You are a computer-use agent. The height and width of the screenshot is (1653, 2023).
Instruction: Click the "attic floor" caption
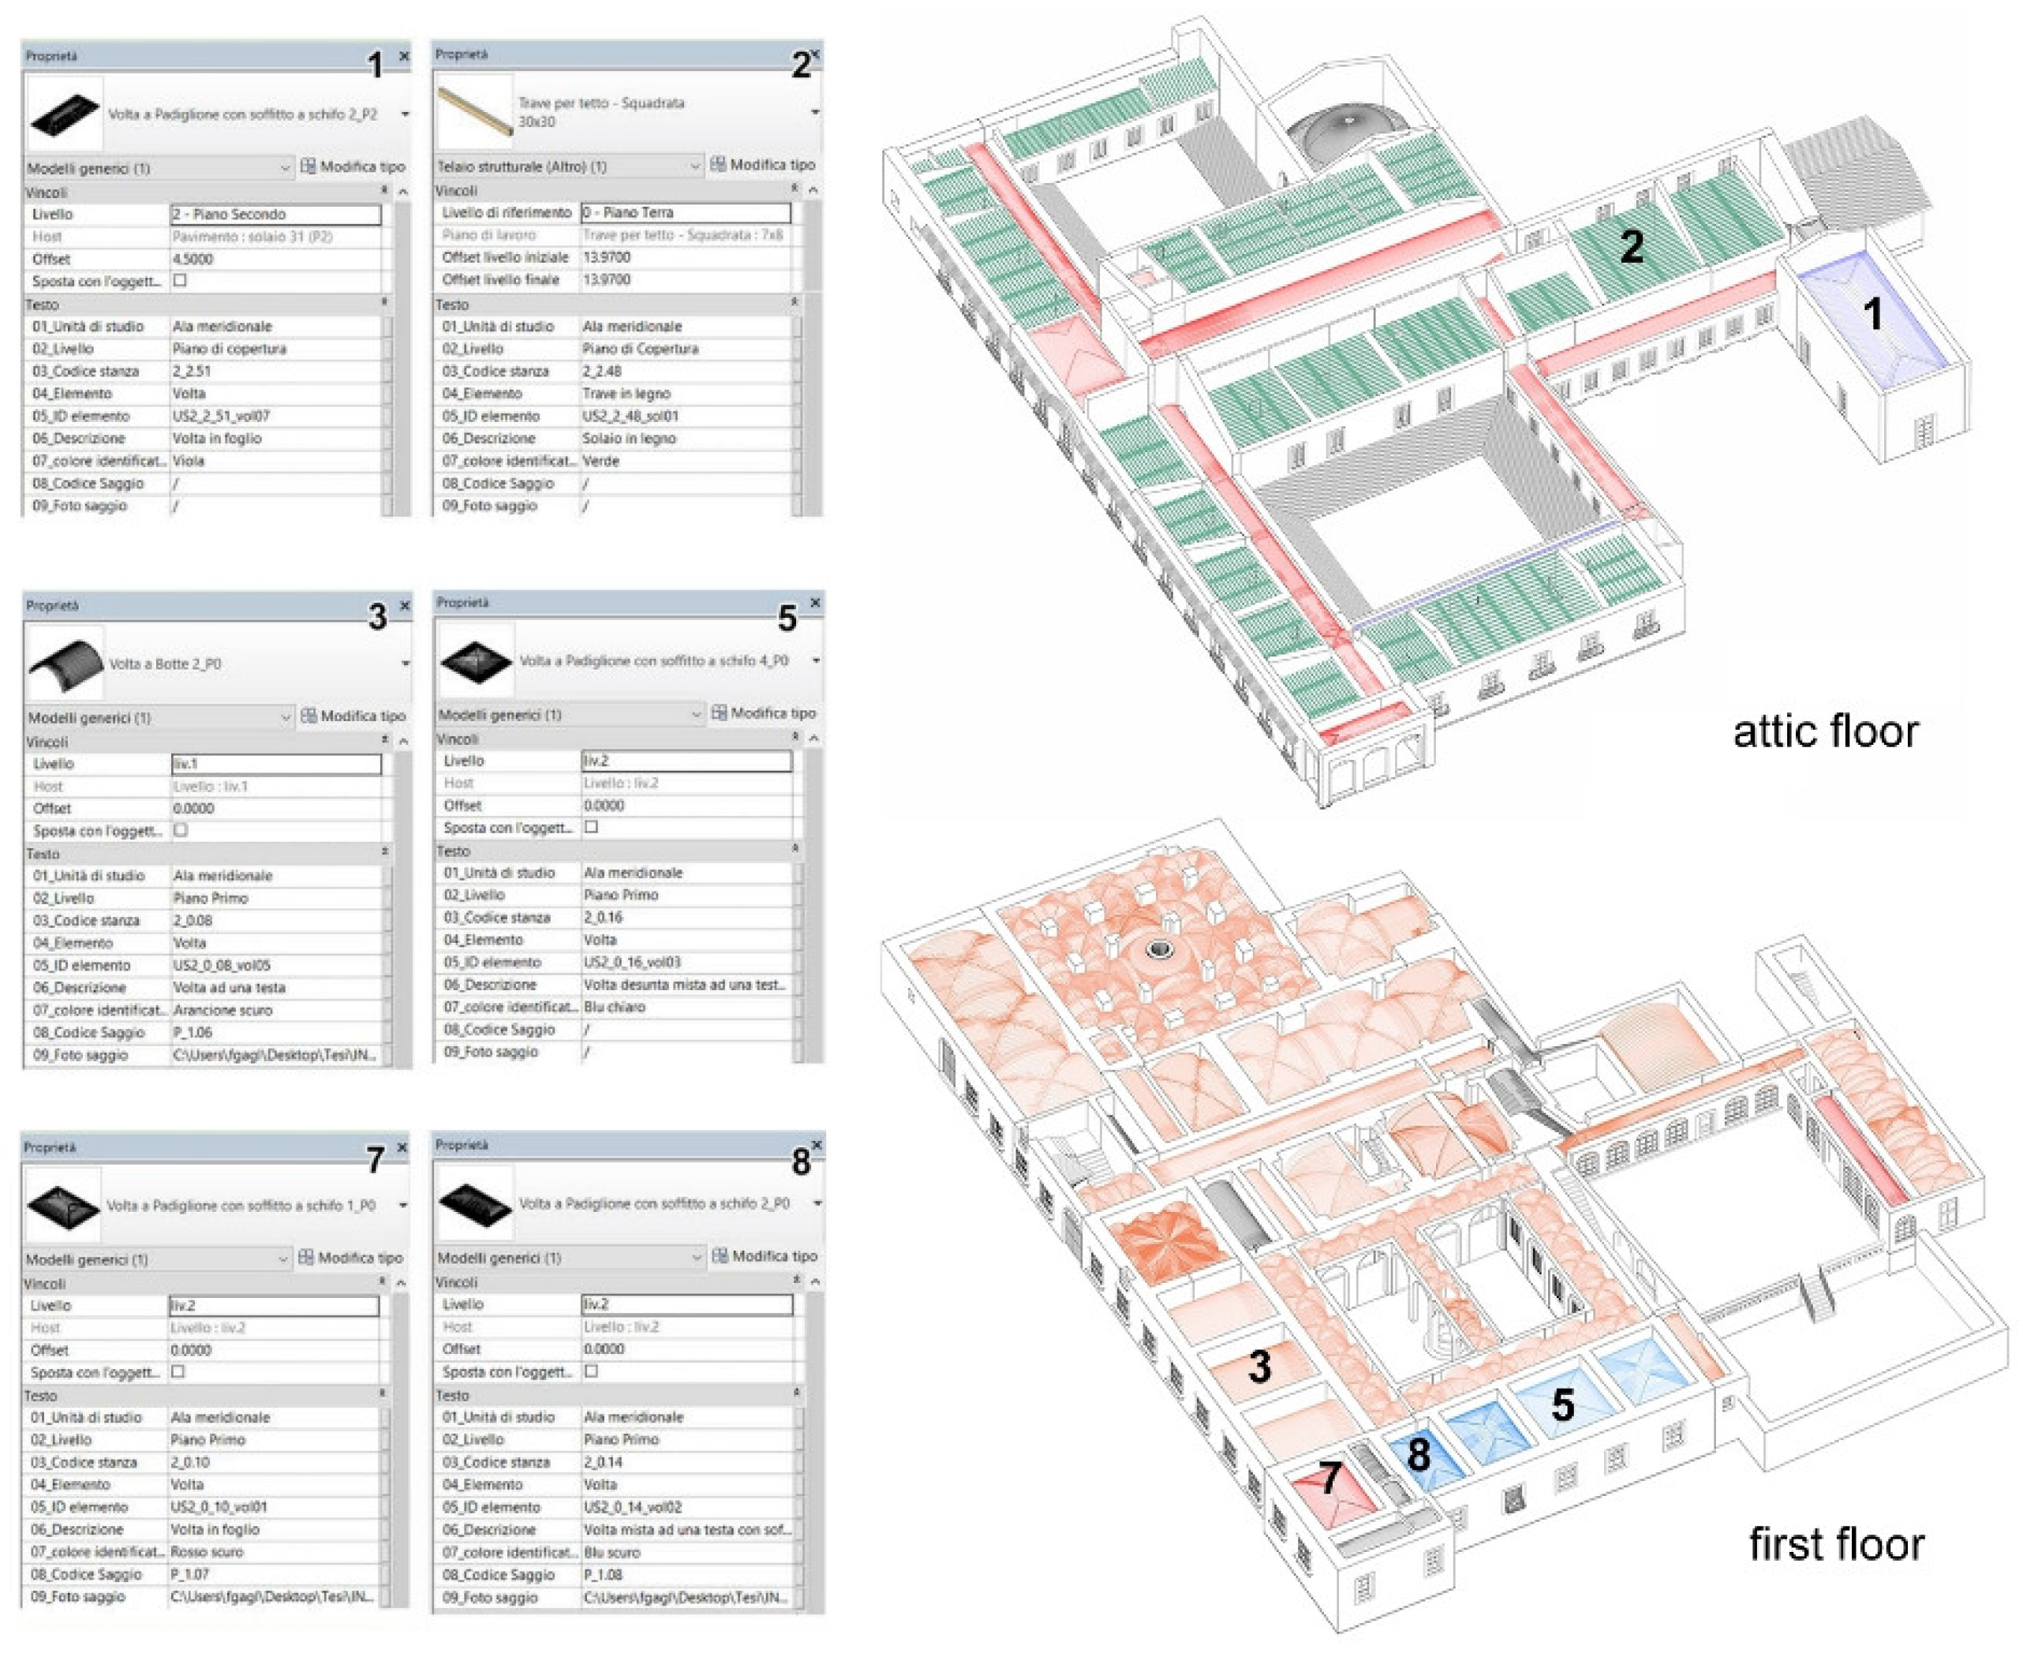1825,731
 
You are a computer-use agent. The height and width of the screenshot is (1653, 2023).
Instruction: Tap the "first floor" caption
1837,1544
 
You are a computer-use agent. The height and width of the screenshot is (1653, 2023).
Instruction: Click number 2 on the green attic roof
1631,247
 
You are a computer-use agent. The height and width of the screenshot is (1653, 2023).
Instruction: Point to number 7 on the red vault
1330,1479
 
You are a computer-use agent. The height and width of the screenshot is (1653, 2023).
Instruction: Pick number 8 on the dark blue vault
1419,1454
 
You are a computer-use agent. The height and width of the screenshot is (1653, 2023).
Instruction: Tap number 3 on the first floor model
1259,1367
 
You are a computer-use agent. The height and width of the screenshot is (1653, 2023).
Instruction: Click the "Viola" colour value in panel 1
189,461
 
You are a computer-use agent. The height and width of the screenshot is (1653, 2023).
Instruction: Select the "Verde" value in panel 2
600,461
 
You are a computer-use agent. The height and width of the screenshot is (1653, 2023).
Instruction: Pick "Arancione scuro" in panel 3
222,1010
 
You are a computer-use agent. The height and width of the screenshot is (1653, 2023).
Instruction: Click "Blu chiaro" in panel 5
615,1008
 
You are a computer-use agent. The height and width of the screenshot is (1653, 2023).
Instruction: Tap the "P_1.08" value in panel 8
603,1575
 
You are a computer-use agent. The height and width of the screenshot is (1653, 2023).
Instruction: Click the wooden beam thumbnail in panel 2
473,112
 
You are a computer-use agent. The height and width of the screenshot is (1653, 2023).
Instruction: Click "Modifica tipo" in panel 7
352,1258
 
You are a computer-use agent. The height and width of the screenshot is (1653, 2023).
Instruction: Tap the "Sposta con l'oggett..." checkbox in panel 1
180,281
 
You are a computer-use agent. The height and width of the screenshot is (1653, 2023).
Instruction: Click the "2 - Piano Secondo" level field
275,215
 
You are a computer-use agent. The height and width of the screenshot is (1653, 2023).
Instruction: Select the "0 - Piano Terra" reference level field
686,212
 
